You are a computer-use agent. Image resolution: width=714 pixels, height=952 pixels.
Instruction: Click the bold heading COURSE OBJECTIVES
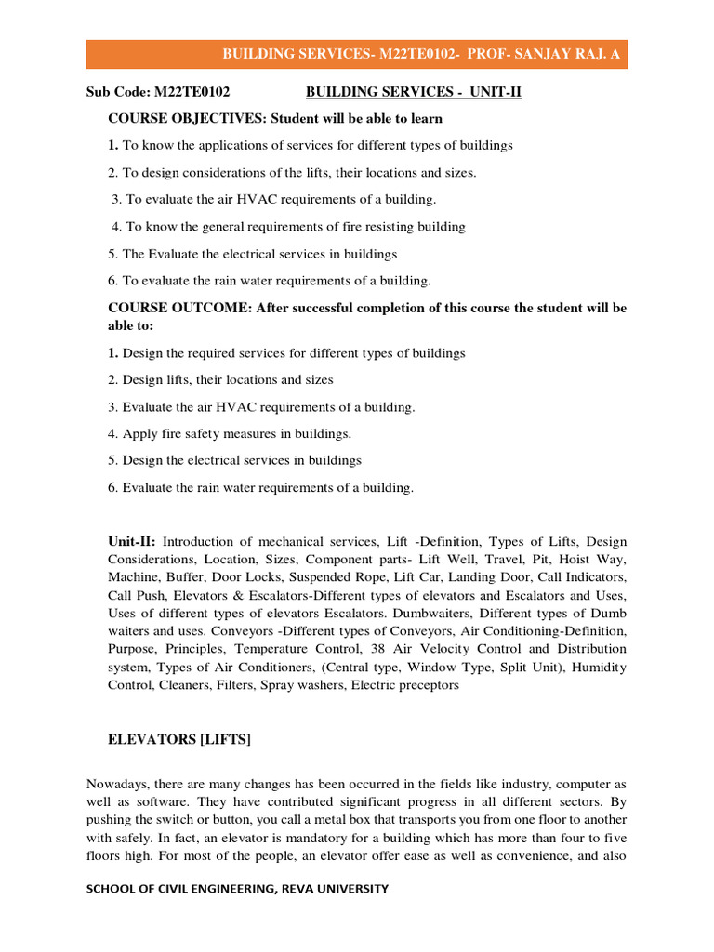(x=187, y=119)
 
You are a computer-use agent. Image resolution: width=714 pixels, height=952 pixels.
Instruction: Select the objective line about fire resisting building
(x=288, y=227)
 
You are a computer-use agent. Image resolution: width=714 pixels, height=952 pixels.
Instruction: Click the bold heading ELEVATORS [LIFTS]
(x=179, y=740)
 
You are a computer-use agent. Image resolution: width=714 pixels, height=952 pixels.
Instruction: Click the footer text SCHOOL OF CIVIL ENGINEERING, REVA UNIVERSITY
(x=237, y=889)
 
